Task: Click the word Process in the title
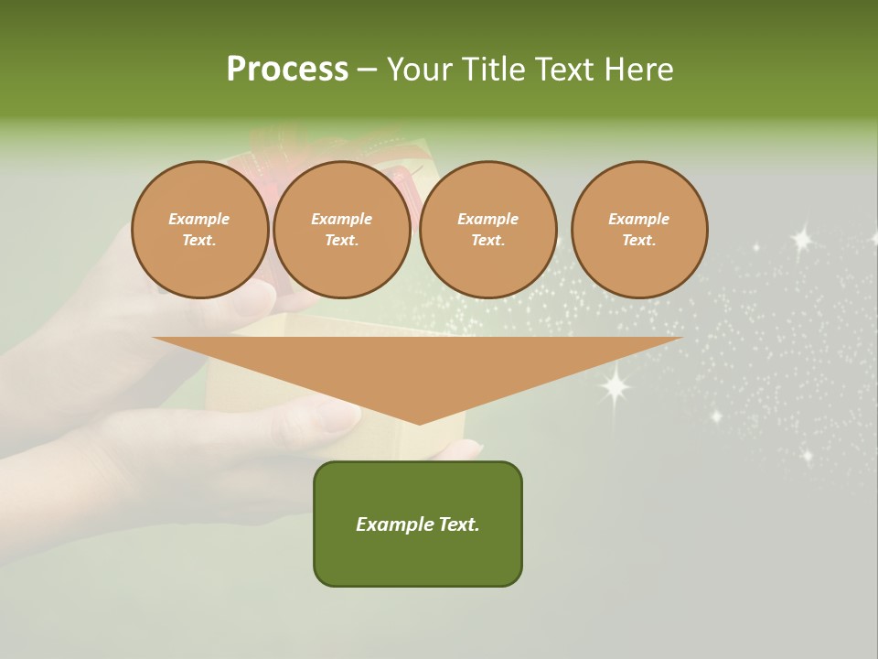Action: point(287,70)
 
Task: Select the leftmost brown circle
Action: point(200,230)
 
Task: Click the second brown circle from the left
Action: point(342,230)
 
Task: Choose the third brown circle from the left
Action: point(488,230)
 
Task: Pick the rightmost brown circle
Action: point(639,230)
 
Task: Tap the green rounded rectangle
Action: point(418,524)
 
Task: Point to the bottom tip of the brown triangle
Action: point(419,423)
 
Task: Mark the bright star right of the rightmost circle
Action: point(802,240)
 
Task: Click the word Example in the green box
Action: point(393,524)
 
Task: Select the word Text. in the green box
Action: point(457,524)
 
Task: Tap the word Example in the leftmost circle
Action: point(199,219)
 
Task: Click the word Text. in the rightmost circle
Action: point(639,241)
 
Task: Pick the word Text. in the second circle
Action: point(342,241)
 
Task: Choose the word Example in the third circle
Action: point(488,219)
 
